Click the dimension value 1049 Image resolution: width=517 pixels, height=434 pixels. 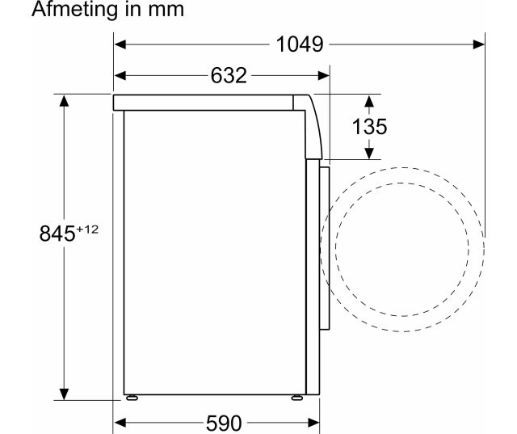point(300,44)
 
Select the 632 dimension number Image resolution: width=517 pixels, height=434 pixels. point(229,75)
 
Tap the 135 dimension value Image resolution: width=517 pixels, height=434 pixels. point(369,126)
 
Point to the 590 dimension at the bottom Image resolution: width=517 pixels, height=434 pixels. point(224,423)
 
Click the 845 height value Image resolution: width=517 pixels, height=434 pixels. point(57,233)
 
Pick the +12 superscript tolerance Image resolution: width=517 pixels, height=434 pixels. point(87,229)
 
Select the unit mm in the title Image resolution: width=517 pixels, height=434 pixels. point(166,11)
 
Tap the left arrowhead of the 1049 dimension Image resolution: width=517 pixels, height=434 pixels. point(120,44)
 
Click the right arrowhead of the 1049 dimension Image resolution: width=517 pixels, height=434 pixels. point(479,44)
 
